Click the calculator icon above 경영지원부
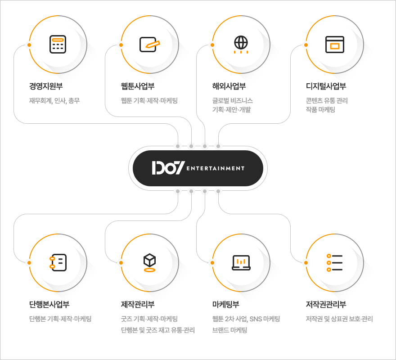58,45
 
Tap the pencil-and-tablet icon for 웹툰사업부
150,44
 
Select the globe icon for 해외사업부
241,44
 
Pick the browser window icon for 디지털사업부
334,45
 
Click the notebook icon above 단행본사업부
58,262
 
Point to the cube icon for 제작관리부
149,262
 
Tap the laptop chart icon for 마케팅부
241,262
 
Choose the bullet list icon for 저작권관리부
334,262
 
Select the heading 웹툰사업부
138,86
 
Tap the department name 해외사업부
229,86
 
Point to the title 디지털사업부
326,86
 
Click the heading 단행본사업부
49,305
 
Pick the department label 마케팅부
226,305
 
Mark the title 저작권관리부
326,305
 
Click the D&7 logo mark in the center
168,168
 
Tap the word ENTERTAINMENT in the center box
215,168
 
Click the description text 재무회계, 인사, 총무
54,101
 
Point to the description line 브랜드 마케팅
230,330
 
